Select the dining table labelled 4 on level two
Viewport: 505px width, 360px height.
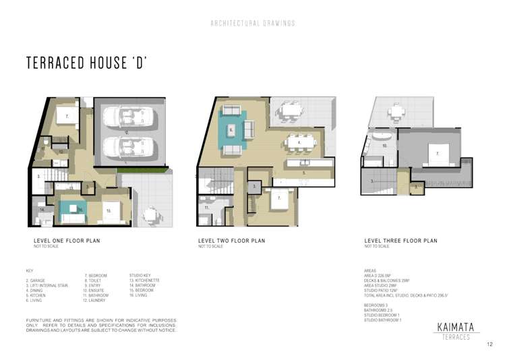pos(298,142)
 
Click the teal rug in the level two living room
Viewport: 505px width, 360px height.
pos(233,128)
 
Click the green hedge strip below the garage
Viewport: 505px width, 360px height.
pos(141,171)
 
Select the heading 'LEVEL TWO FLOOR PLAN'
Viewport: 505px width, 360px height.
pos(231,241)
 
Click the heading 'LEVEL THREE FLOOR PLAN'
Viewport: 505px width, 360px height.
pos(400,241)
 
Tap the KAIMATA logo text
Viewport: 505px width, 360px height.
pos(456,326)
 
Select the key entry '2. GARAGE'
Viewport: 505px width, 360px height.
pos(37,280)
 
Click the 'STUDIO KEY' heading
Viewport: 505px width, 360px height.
pos(140,276)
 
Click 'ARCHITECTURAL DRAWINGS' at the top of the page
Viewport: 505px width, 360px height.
pos(253,23)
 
